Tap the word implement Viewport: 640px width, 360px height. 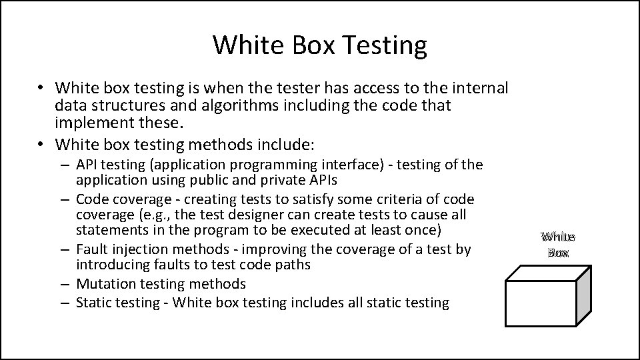89,123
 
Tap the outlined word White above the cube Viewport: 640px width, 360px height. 558,237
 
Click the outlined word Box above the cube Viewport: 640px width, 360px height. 558,253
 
